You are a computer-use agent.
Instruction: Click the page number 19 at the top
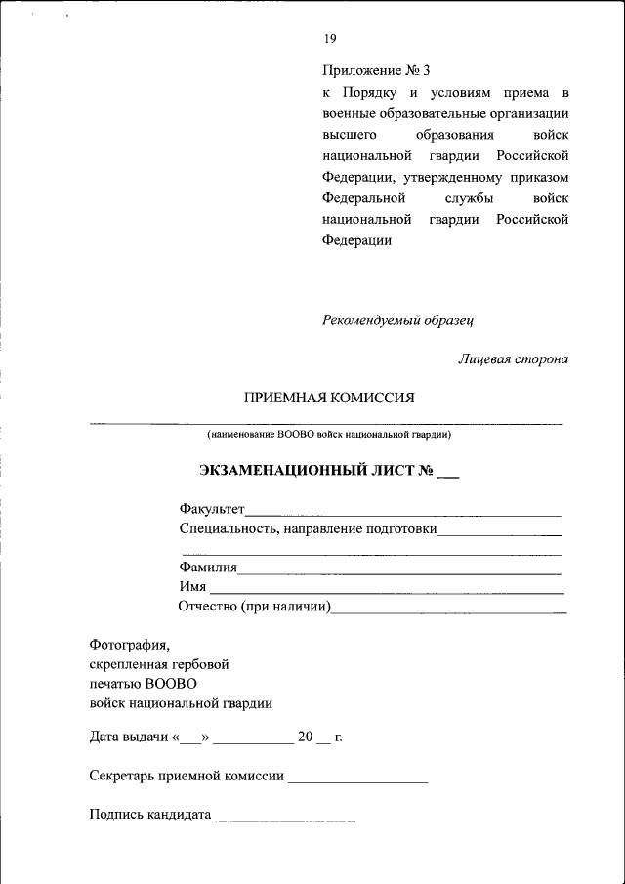coord(329,39)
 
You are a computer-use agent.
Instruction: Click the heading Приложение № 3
coord(376,71)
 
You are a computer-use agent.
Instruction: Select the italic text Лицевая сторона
coord(514,358)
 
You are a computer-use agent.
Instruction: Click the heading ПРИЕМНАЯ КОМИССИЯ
coord(329,398)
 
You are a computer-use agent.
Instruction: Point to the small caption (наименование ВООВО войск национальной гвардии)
coord(328,433)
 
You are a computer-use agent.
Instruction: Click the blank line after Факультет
coord(403,513)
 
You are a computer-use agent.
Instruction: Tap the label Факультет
coord(212,509)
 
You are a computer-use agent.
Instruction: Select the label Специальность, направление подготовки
coord(308,530)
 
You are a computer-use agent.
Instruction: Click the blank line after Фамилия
coord(399,571)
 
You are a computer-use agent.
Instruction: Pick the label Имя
coord(192,586)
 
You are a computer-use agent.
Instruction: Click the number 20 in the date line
coord(305,737)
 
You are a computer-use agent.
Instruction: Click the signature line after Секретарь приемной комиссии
coord(358,781)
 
